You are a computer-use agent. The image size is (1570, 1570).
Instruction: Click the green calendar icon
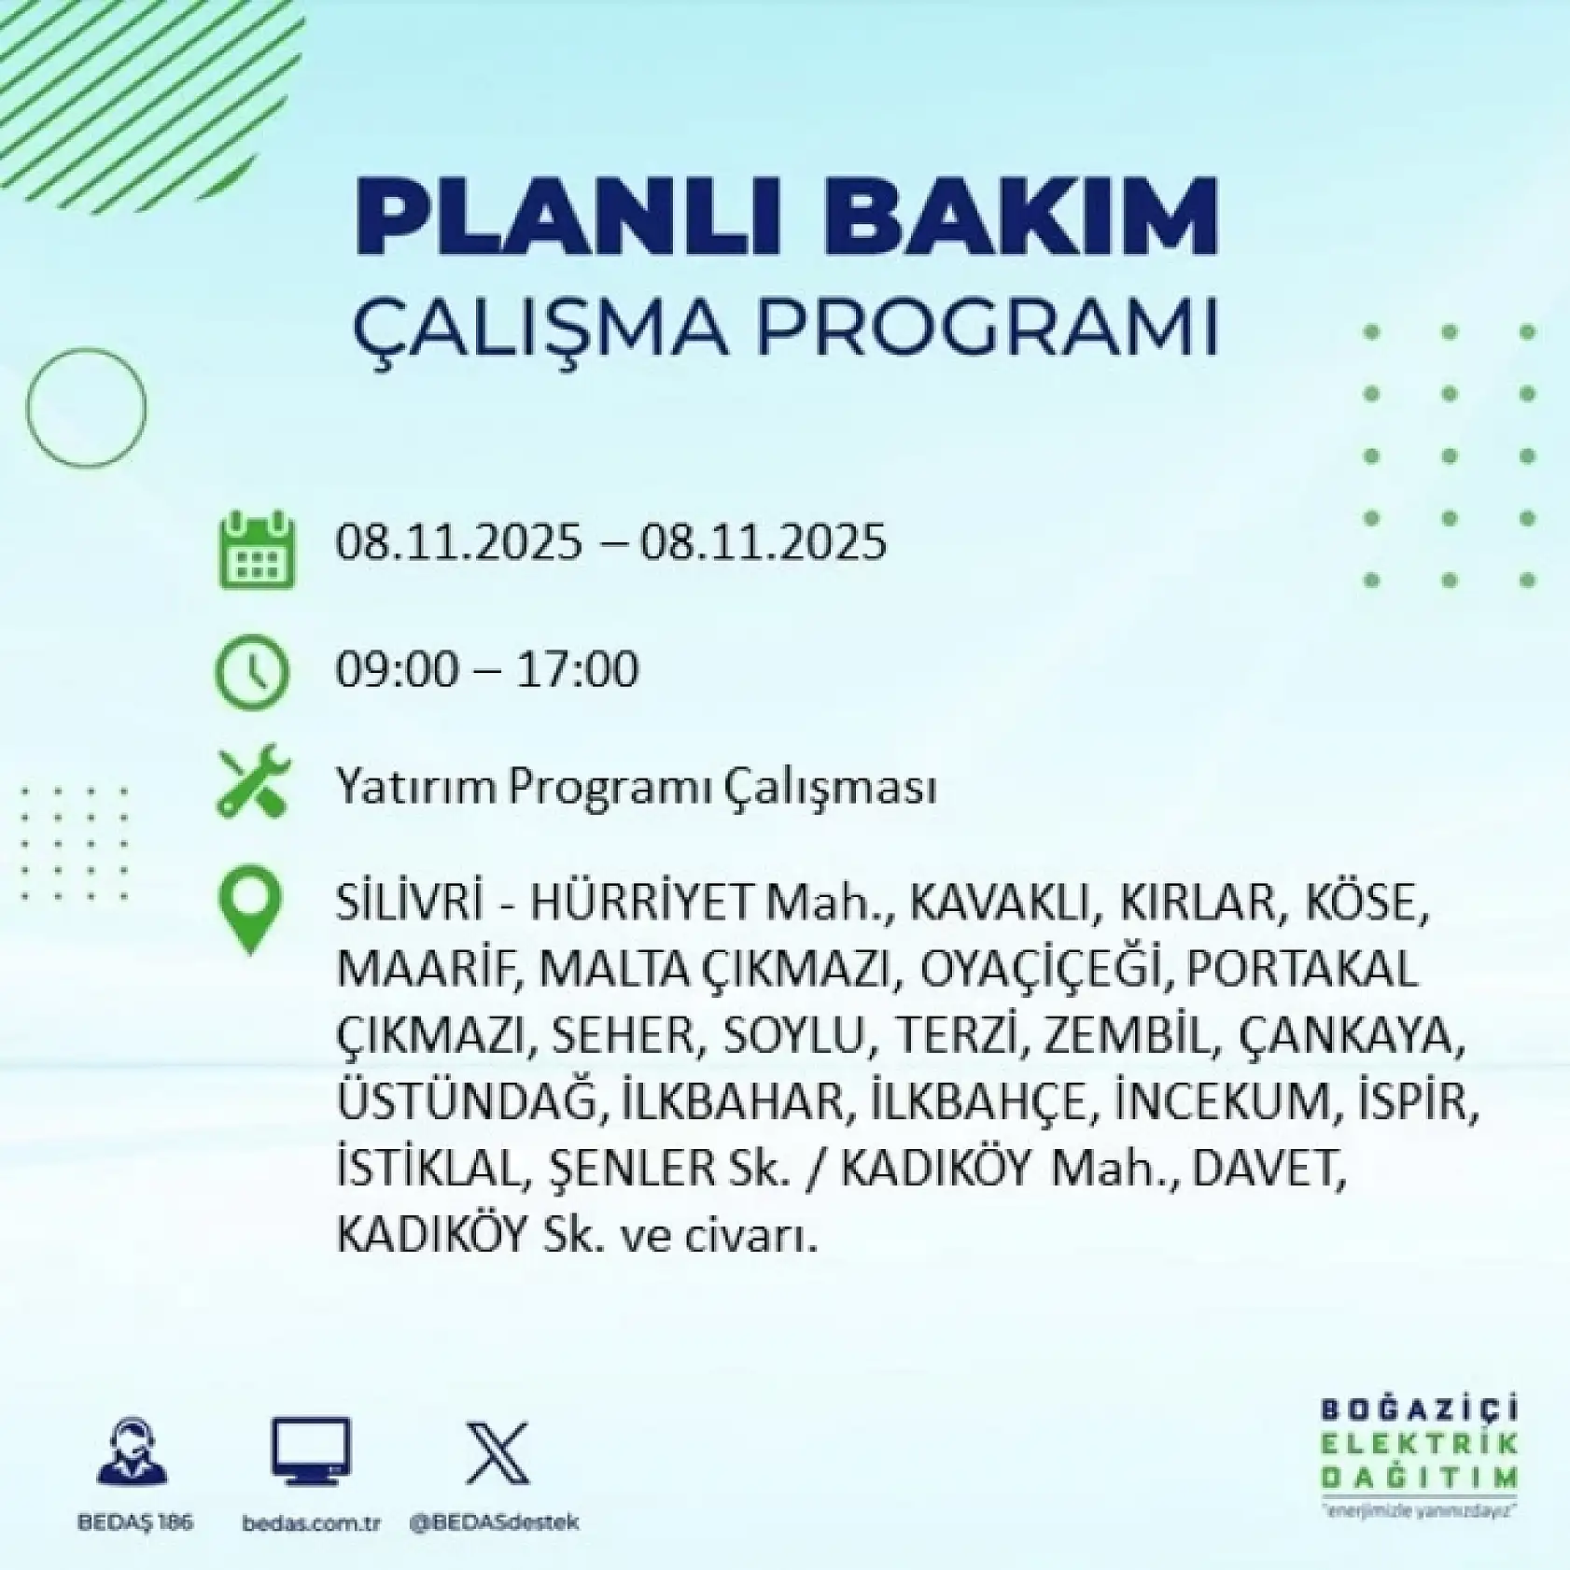(x=257, y=550)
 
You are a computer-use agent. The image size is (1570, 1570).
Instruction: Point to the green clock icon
(x=252, y=671)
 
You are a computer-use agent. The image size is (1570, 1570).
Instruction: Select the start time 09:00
(x=398, y=669)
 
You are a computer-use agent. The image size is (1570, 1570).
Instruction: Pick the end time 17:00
(x=577, y=669)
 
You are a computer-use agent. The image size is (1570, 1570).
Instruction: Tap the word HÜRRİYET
(x=641, y=902)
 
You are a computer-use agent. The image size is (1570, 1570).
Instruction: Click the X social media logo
(x=497, y=1453)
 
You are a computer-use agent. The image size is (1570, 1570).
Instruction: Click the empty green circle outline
(x=86, y=408)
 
